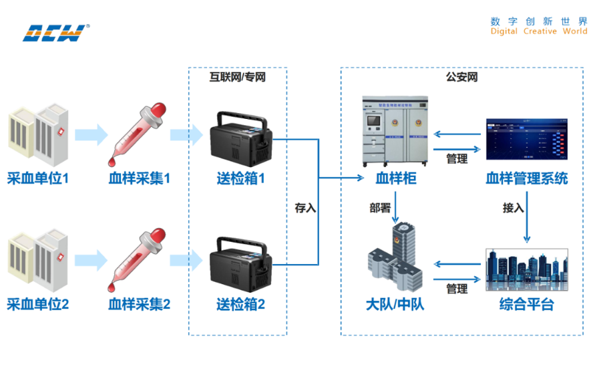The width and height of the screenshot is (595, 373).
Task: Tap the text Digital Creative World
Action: pyautogui.click(x=539, y=31)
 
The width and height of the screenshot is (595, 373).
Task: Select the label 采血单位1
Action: pyautogui.click(x=38, y=178)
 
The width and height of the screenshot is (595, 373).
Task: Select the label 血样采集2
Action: pyautogui.click(x=140, y=305)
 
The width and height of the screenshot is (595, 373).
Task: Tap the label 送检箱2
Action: pyautogui.click(x=240, y=305)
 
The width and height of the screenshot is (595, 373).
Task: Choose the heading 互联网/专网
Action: pyautogui.click(x=238, y=77)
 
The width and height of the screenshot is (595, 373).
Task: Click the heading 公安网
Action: pyautogui.click(x=461, y=77)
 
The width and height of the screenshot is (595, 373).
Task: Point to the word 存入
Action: pyautogui.click(x=305, y=208)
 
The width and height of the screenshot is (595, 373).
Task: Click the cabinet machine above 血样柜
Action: pyautogui.click(x=396, y=131)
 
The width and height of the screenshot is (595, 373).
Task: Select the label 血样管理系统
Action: pyautogui.click(x=527, y=178)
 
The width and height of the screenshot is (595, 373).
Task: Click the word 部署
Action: pyautogui.click(x=380, y=208)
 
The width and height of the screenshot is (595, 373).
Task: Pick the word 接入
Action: pyautogui.click(x=513, y=208)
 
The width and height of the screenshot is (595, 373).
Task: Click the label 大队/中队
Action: pyautogui.click(x=395, y=305)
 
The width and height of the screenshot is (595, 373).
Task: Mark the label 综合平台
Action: pyautogui.click(x=527, y=305)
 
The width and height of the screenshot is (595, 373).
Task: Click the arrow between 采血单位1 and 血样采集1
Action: pyautogui.click(x=91, y=134)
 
